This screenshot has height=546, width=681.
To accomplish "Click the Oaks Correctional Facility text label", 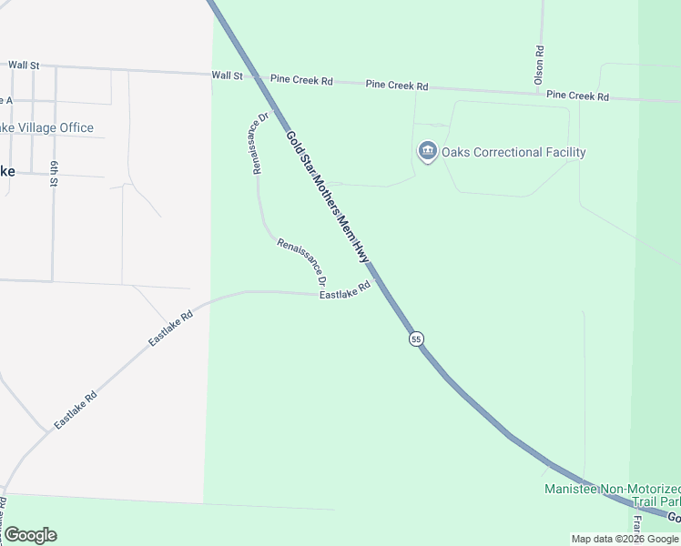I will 513,152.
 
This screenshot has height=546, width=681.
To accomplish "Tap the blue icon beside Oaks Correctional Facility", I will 428,151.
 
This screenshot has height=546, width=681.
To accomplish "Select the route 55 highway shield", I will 416,339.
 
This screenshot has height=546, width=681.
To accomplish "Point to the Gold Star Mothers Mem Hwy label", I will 330,197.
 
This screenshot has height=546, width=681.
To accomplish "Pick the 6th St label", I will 55,174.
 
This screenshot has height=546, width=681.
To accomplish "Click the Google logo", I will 31,534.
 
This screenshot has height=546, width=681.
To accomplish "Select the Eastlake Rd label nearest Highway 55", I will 345,290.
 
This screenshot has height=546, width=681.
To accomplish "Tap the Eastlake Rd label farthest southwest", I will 76,410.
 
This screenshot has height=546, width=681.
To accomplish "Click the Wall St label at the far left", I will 25,66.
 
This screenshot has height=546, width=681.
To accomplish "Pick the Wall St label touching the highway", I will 228,76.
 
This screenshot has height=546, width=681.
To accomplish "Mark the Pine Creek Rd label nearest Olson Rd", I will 577,96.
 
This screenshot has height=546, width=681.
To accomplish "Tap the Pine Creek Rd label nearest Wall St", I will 300,81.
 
